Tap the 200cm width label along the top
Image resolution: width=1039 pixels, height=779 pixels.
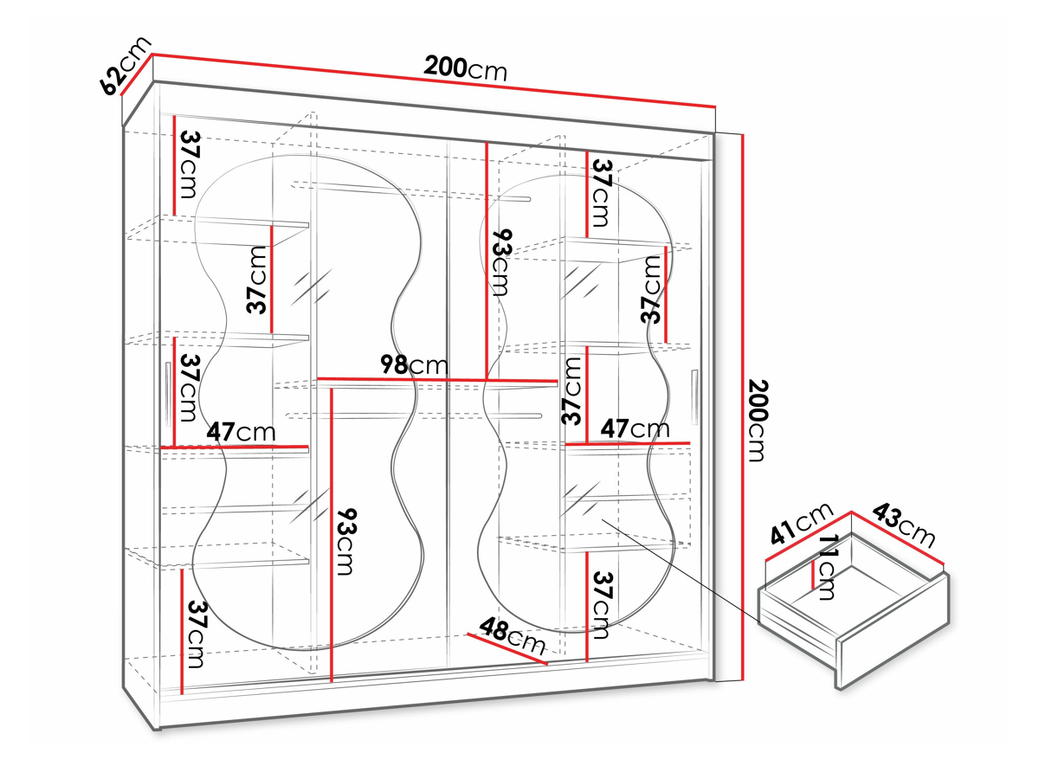(465, 68)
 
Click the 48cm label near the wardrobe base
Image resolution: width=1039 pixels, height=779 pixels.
(513, 637)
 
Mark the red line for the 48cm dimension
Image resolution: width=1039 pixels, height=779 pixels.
(507, 649)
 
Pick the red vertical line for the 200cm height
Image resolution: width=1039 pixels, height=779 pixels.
(743, 407)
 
